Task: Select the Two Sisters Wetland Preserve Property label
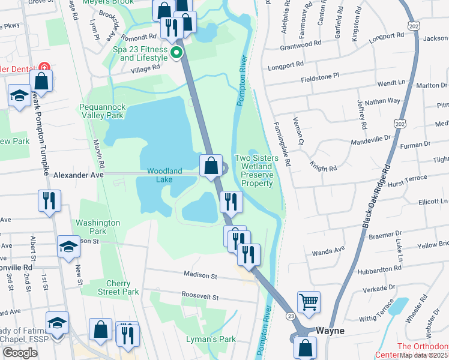257,170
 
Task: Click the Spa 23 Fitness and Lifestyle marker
176,53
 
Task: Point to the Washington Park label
98,227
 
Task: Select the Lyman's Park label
219,340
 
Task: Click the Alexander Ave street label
79,175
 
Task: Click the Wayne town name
330,331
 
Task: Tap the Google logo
20,353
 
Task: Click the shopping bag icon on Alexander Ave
211,166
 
